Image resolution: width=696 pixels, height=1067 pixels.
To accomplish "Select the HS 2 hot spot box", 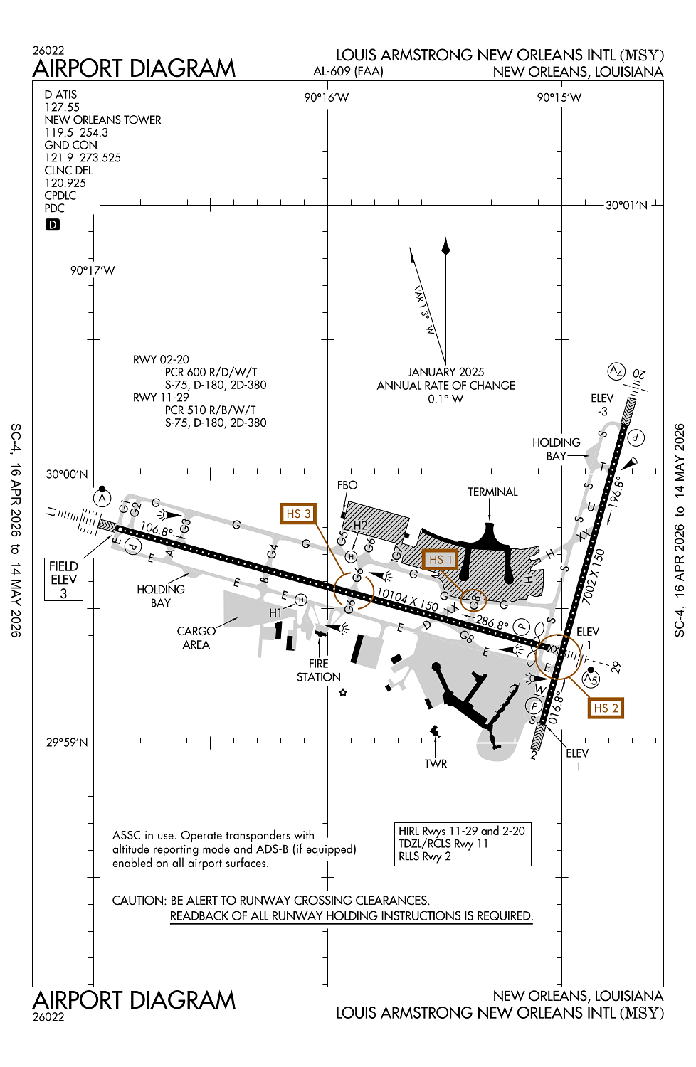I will tap(606, 708).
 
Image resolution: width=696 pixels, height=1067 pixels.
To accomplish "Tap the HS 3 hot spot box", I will tap(297, 514).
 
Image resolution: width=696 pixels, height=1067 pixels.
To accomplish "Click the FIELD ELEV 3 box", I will tap(63, 579).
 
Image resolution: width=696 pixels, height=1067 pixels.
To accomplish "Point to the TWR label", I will tap(436, 763).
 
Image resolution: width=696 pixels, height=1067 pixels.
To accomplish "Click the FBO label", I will tap(347, 485).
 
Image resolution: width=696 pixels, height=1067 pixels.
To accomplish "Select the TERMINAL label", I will tap(492, 492).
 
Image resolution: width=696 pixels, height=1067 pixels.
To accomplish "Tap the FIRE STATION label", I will tap(319, 670).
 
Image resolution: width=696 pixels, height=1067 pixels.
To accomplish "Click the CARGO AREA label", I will tap(196, 637).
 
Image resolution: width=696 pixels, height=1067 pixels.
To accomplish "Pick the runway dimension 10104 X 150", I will tap(407, 599).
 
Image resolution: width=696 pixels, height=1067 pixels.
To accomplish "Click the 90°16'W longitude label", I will tap(327, 97).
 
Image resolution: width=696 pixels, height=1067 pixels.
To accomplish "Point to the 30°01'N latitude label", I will tap(626, 206).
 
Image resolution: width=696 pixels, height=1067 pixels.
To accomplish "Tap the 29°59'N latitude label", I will tap(67, 743).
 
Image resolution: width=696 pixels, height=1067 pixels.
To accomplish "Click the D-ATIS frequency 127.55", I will tap(62, 107).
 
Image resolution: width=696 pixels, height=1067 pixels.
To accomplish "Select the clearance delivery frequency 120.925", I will tap(65, 183).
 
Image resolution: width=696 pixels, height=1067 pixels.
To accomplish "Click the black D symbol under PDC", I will tap(53, 225).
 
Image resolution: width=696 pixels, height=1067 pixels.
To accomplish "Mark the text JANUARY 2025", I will tap(445, 372).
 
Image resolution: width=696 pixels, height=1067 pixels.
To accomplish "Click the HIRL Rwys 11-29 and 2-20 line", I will tap(462, 831).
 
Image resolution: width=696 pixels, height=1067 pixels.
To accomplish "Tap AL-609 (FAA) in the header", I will tap(348, 71).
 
